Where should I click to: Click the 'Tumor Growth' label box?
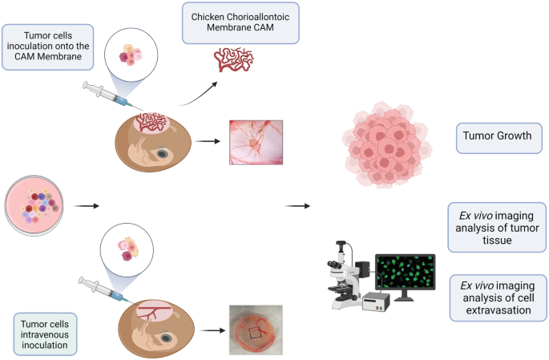pos(497,136)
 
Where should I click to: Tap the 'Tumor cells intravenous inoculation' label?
pos(45,333)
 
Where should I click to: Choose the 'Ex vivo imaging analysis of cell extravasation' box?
pos(497,297)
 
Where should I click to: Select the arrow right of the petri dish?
pos(86,206)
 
